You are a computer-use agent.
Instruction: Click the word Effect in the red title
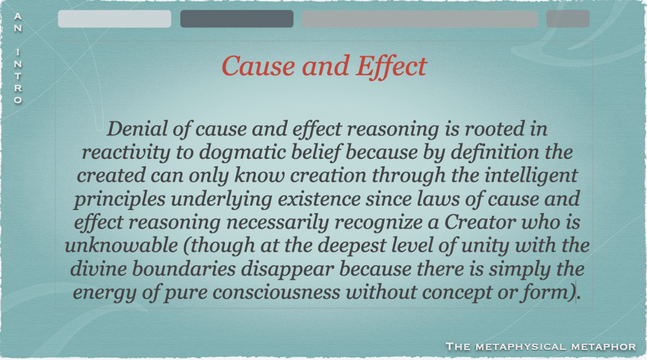tap(391, 66)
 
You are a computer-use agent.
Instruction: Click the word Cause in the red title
tap(258, 66)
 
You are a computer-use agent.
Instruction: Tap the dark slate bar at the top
tap(237, 19)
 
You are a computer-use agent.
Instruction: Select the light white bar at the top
tap(114, 19)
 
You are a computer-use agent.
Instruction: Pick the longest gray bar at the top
tap(420, 19)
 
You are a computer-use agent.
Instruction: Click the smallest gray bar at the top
tap(568, 19)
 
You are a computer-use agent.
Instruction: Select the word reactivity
tap(126, 152)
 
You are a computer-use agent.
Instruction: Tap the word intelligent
tap(531, 176)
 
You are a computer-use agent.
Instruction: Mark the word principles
tap(120, 199)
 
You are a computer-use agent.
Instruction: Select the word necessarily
tap(277, 223)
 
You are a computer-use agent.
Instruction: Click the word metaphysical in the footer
tap(521, 347)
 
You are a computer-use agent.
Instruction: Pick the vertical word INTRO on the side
tap(18, 76)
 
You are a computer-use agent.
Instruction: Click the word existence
tap(319, 199)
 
